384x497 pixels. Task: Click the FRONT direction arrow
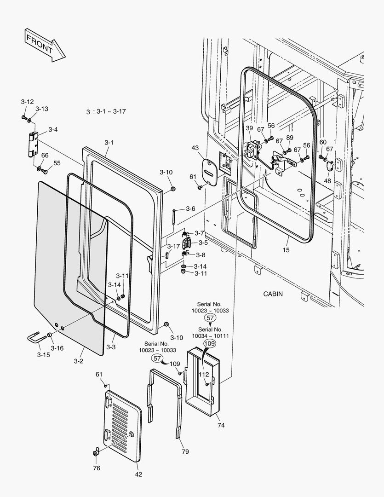click(x=44, y=45)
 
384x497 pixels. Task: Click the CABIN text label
click(x=273, y=294)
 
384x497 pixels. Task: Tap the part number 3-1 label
click(x=109, y=143)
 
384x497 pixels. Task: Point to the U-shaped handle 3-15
click(x=36, y=339)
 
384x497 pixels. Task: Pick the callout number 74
click(x=221, y=425)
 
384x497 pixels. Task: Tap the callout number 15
click(x=286, y=250)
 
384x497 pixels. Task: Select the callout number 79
click(x=185, y=452)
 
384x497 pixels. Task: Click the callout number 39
click(x=249, y=128)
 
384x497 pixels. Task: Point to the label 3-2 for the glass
click(x=78, y=361)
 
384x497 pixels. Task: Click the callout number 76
click(x=97, y=468)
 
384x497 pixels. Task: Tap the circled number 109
click(x=209, y=343)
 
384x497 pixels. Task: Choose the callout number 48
click(x=327, y=181)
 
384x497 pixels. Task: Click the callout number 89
click(x=289, y=137)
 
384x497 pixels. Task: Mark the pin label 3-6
click(x=190, y=209)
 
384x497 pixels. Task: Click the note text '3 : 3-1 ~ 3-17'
click(x=106, y=112)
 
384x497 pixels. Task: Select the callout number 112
click(x=203, y=374)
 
